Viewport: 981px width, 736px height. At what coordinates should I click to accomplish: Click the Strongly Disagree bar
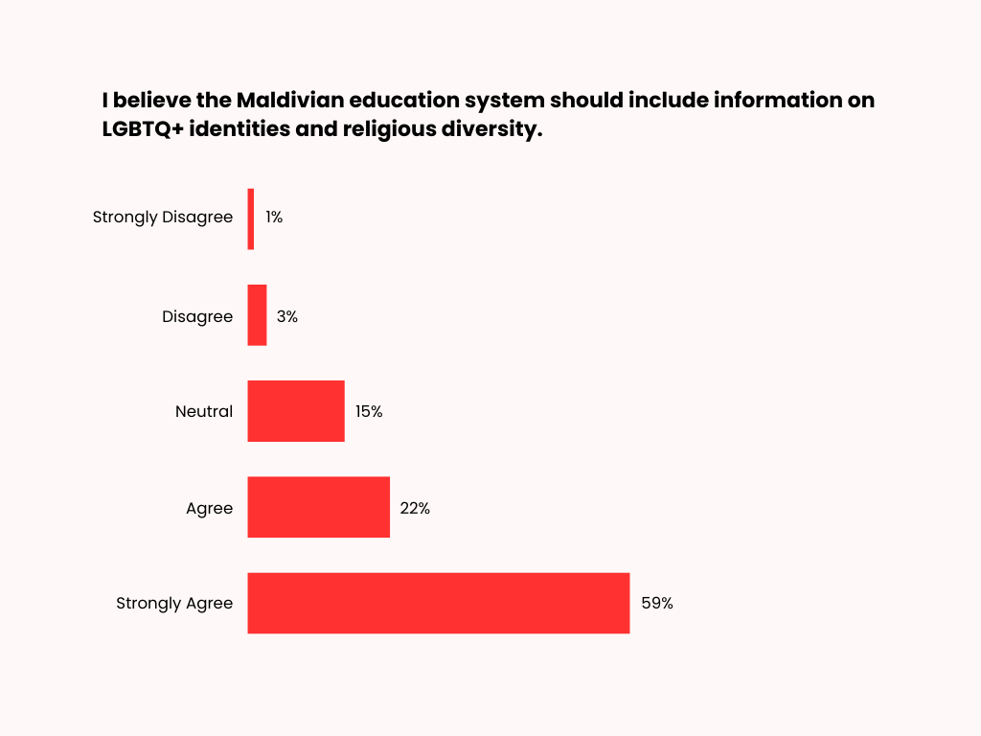coord(251,218)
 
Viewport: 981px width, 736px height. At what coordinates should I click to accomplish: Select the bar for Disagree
coord(257,315)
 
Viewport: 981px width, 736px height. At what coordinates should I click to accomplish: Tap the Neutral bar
coord(295,411)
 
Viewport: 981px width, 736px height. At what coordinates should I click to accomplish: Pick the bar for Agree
coord(318,507)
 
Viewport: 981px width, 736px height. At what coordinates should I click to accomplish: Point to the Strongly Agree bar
coord(438,603)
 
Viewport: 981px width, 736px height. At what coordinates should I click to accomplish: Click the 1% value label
coord(274,218)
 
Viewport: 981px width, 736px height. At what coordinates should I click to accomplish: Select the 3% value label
coord(286,316)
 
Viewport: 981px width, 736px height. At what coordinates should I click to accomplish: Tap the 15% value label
coord(369,412)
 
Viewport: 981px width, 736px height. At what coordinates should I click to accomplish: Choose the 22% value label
coord(415,508)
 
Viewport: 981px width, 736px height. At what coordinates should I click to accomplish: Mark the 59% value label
coord(657,604)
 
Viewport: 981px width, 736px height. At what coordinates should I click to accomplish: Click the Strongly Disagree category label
coord(163,218)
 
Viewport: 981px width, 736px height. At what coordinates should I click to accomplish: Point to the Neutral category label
coord(204,412)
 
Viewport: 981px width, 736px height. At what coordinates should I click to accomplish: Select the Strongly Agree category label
coord(174,604)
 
